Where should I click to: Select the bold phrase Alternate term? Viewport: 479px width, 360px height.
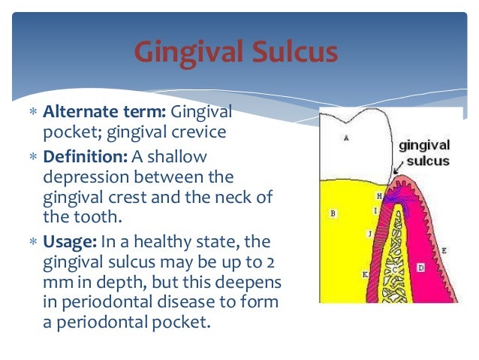coord(106,113)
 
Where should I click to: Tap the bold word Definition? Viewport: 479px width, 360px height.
coord(86,156)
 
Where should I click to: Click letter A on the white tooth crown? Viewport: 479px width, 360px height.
coord(345,138)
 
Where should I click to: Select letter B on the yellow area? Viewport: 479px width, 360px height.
coord(333,213)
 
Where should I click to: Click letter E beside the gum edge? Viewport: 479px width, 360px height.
coord(444,250)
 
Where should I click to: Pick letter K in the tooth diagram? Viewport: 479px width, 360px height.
coord(365,275)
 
